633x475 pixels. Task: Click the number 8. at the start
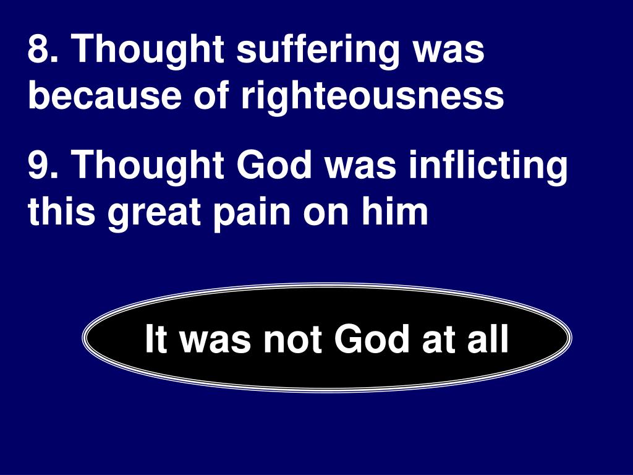44,50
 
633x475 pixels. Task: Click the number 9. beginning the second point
44,165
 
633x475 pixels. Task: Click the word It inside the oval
155,340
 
